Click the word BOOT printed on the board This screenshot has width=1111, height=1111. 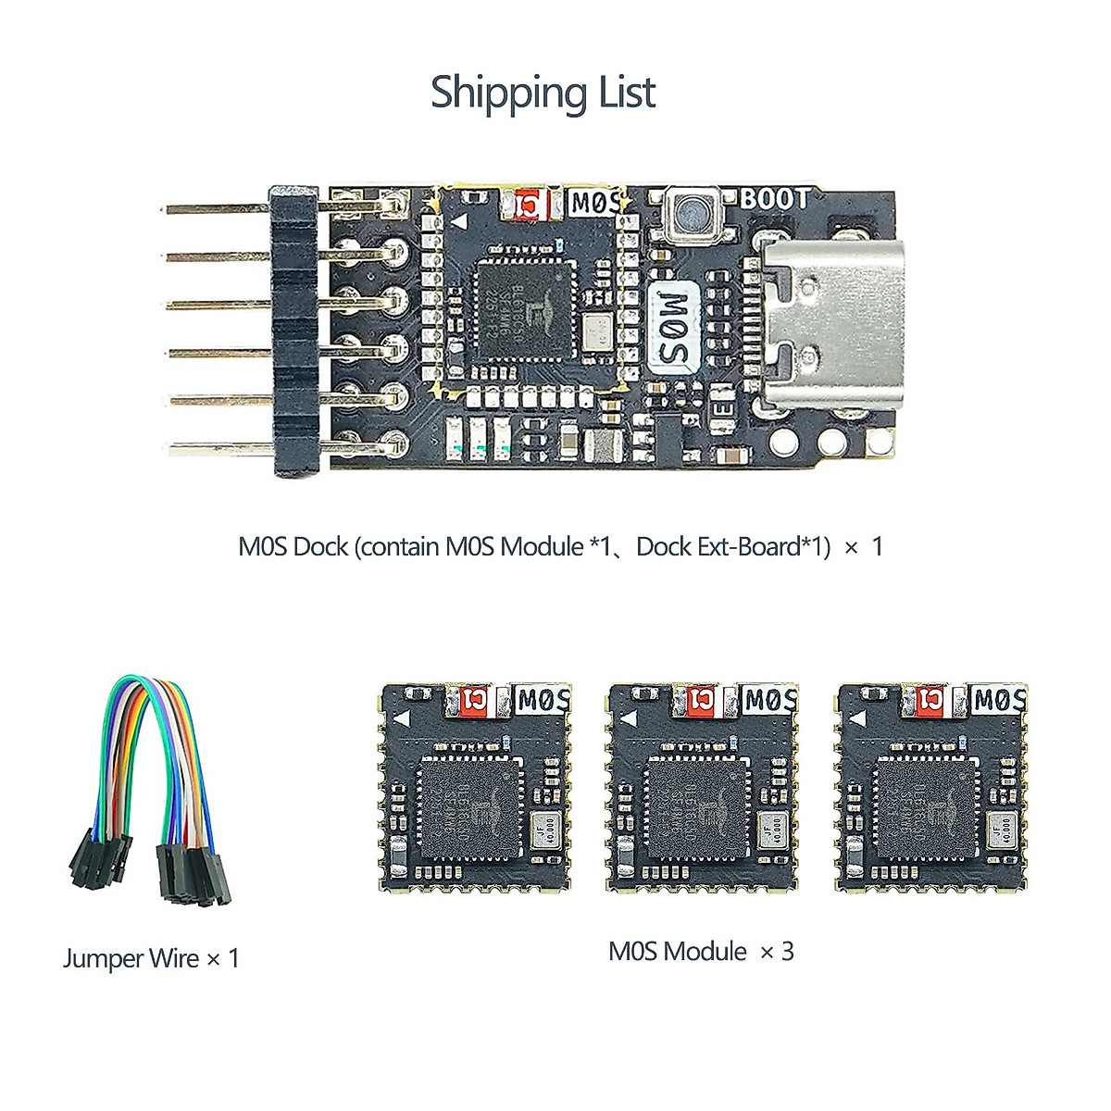[774, 199]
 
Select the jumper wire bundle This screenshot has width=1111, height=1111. [148, 787]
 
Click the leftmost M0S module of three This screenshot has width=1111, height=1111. [475, 788]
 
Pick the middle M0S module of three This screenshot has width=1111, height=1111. [703, 788]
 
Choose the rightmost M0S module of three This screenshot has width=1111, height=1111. [931, 788]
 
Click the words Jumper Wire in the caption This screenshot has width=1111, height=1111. [131, 958]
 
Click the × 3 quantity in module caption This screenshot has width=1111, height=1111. [777, 952]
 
